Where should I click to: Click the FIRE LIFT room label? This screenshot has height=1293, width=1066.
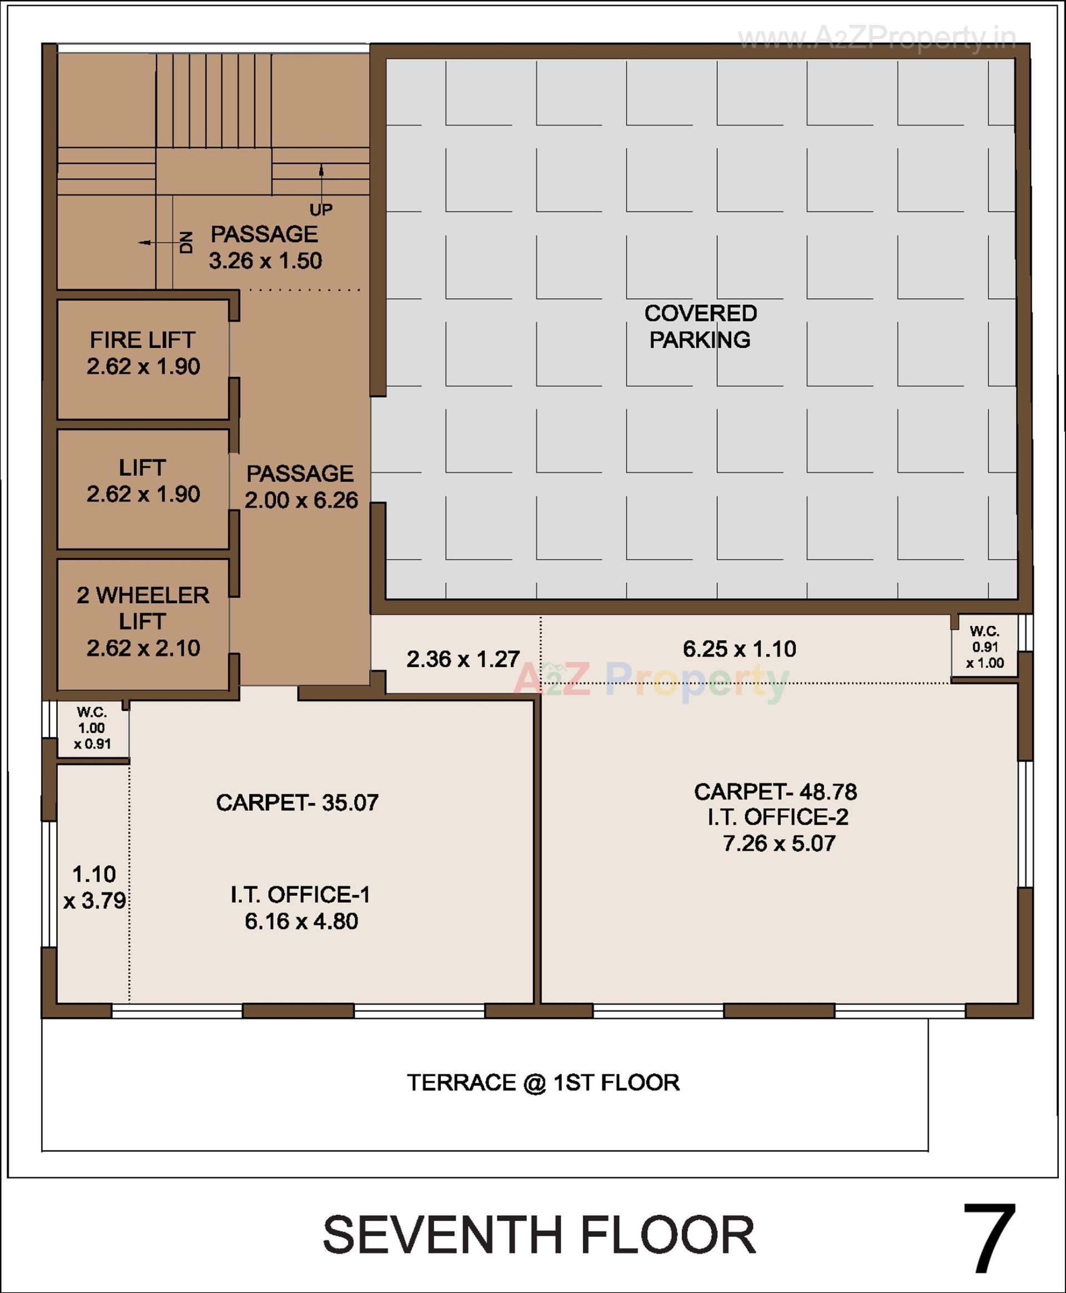coord(143,340)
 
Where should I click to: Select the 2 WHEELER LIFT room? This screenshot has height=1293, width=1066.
coord(143,621)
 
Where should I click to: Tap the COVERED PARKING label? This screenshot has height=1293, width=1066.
coord(700,326)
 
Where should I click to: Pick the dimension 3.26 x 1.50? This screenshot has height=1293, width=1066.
coord(265,261)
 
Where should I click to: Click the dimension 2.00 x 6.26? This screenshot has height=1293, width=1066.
coord(301,500)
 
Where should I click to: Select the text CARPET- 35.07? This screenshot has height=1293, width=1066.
coord(297,802)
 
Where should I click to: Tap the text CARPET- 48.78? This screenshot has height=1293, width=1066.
coord(776,792)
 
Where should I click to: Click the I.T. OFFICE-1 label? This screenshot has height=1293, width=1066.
coord(300,895)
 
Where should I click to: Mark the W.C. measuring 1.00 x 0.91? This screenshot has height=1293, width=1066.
coord(92,728)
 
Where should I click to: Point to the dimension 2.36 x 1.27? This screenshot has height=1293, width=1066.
coord(463,659)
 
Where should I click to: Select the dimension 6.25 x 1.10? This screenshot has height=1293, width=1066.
coord(740,649)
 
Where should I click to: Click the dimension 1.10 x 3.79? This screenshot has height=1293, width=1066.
coord(94,887)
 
